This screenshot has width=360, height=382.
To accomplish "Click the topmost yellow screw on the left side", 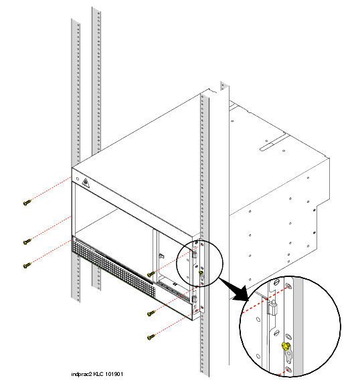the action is pyautogui.click(x=27, y=203).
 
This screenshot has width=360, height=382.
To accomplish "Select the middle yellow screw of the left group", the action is pyautogui.click(x=27, y=242).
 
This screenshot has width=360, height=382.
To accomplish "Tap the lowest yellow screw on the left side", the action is pyautogui.click(x=27, y=266).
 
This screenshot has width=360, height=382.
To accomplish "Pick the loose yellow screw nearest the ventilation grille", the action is pyautogui.click(x=151, y=274).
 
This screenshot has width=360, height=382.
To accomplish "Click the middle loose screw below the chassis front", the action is pyautogui.click(x=151, y=313).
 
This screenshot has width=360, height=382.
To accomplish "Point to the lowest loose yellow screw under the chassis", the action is pyautogui.click(x=151, y=337).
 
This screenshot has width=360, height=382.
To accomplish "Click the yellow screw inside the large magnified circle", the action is pyautogui.click(x=285, y=346).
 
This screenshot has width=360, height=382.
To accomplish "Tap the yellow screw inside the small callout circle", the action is pyautogui.click(x=201, y=272).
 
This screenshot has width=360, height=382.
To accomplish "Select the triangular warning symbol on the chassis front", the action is pyautogui.click(x=85, y=183).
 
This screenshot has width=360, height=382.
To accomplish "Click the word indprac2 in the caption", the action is pyautogui.click(x=82, y=374).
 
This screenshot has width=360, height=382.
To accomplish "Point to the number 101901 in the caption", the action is pyautogui.click(x=114, y=374).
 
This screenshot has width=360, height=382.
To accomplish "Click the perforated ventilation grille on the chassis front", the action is pyautogui.click(x=114, y=268).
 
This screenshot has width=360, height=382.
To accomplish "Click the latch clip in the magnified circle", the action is pyautogui.click(x=271, y=308).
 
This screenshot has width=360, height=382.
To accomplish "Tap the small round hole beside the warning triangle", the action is pyautogui.click(x=78, y=179).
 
